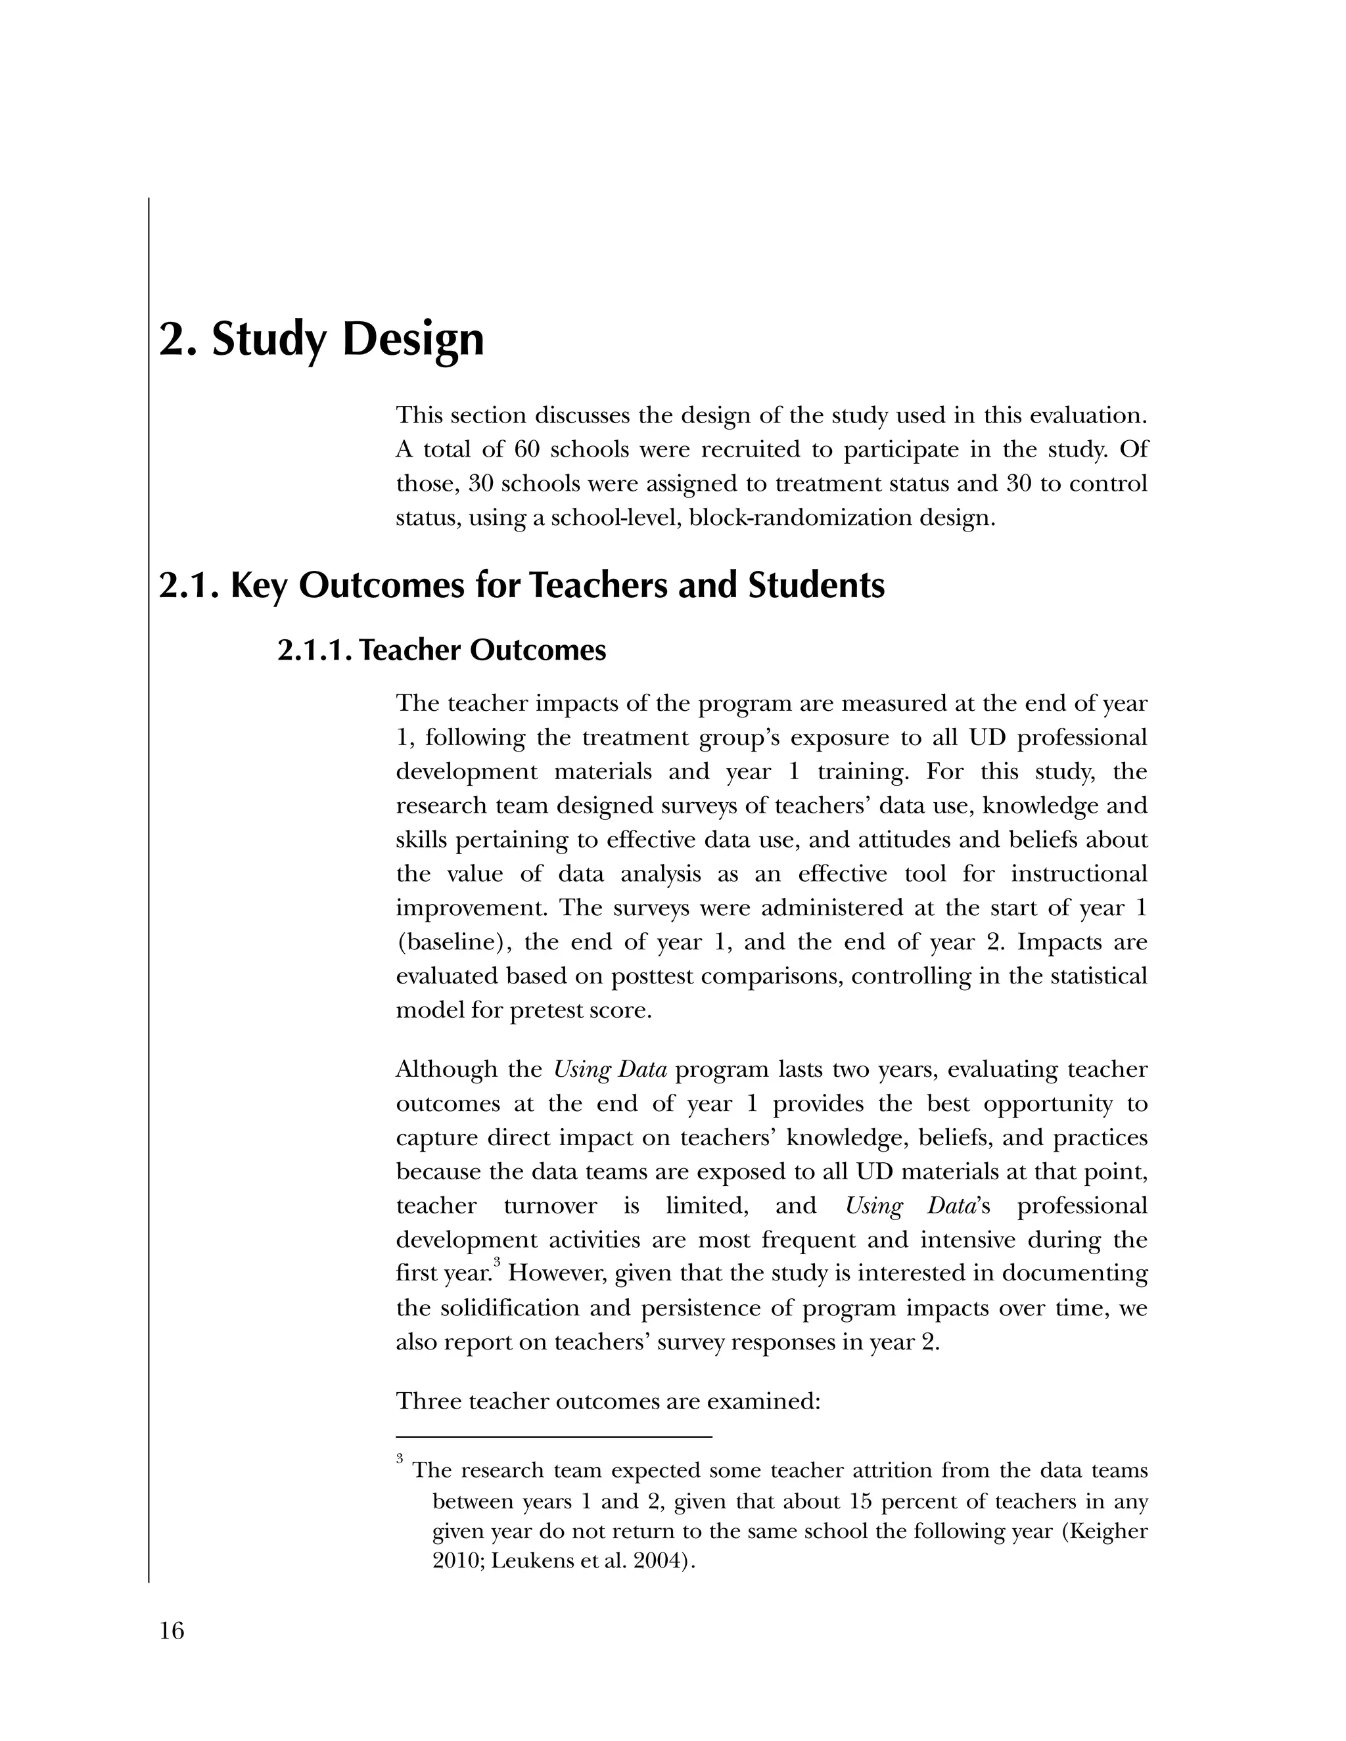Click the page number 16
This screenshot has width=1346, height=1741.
[172, 1631]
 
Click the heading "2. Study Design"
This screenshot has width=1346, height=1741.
[321, 340]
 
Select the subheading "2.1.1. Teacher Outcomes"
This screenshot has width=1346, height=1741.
[441, 650]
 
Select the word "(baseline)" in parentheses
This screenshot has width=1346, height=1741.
[453, 942]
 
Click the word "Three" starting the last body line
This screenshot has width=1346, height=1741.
[429, 1401]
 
